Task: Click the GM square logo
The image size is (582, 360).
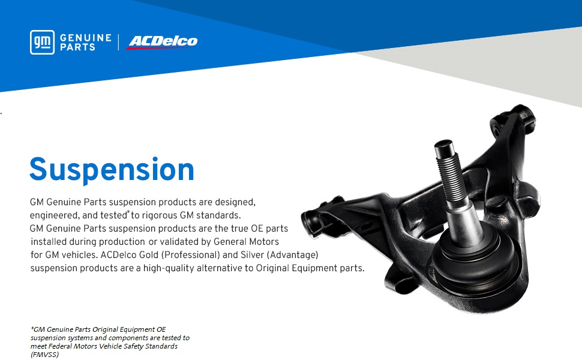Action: click(x=43, y=43)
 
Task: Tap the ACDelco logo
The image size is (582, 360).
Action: click(x=162, y=42)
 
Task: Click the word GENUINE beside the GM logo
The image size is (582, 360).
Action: click(x=86, y=38)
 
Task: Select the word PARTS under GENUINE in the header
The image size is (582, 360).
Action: click(x=77, y=47)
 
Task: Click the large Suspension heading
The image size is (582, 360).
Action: click(x=112, y=170)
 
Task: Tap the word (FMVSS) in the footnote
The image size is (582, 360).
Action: click(x=44, y=355)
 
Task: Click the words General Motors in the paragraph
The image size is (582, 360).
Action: click(x=246, y=242)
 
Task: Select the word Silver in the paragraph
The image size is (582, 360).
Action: click(x=252, y=255)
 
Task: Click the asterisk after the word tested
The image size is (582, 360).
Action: click(x=128, y=212)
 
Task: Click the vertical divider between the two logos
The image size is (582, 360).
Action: click(x=119, y=43)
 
